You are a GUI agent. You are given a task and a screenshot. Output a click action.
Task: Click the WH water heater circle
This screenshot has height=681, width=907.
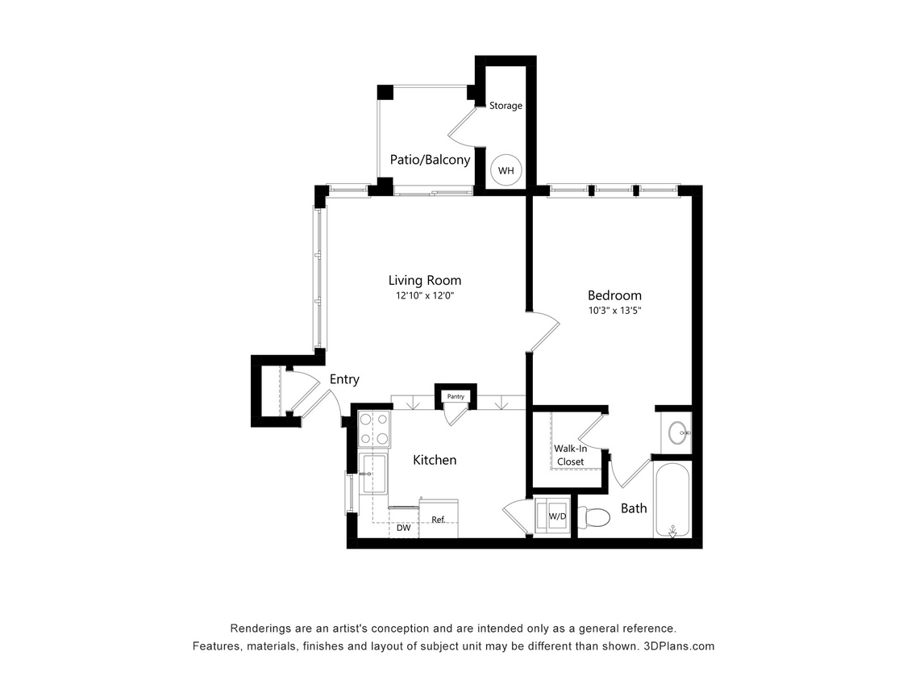click(x=506, y=170)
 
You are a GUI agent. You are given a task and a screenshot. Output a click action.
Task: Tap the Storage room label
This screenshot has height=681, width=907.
click(x=506, y=106)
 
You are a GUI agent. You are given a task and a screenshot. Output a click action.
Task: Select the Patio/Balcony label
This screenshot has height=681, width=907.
click(x=430, y=160)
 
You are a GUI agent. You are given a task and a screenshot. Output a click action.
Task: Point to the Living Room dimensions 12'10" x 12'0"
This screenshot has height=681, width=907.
click(x=425, y=296)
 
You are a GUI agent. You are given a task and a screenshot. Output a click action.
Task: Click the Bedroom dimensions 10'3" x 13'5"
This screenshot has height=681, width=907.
click(x=614, y=310)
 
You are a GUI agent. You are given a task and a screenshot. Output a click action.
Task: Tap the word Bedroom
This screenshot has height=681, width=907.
click(x=614, y=295)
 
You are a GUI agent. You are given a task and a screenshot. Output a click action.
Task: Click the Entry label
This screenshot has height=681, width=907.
click(x=344, y=379)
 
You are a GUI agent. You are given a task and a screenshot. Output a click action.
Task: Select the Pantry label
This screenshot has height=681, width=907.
click(x=456, y=397)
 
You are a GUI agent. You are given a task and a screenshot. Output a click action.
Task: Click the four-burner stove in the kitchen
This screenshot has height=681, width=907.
click(x=374, y=428)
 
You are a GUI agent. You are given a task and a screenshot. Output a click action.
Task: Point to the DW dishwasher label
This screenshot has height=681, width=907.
click(x=403, y=528)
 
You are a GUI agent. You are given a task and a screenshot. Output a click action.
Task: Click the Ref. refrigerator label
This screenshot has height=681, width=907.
click(x=439, y=520)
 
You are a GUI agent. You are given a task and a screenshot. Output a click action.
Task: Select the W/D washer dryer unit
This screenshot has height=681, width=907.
click(x=555, y=516)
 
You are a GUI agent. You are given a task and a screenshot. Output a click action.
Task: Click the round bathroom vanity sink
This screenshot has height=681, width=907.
click(x=678, y=433)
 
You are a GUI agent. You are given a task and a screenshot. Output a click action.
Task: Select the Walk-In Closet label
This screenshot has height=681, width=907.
click(x=568, y=455)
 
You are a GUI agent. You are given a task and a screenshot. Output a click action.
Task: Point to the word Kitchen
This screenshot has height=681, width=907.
click(x=435, y=460)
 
